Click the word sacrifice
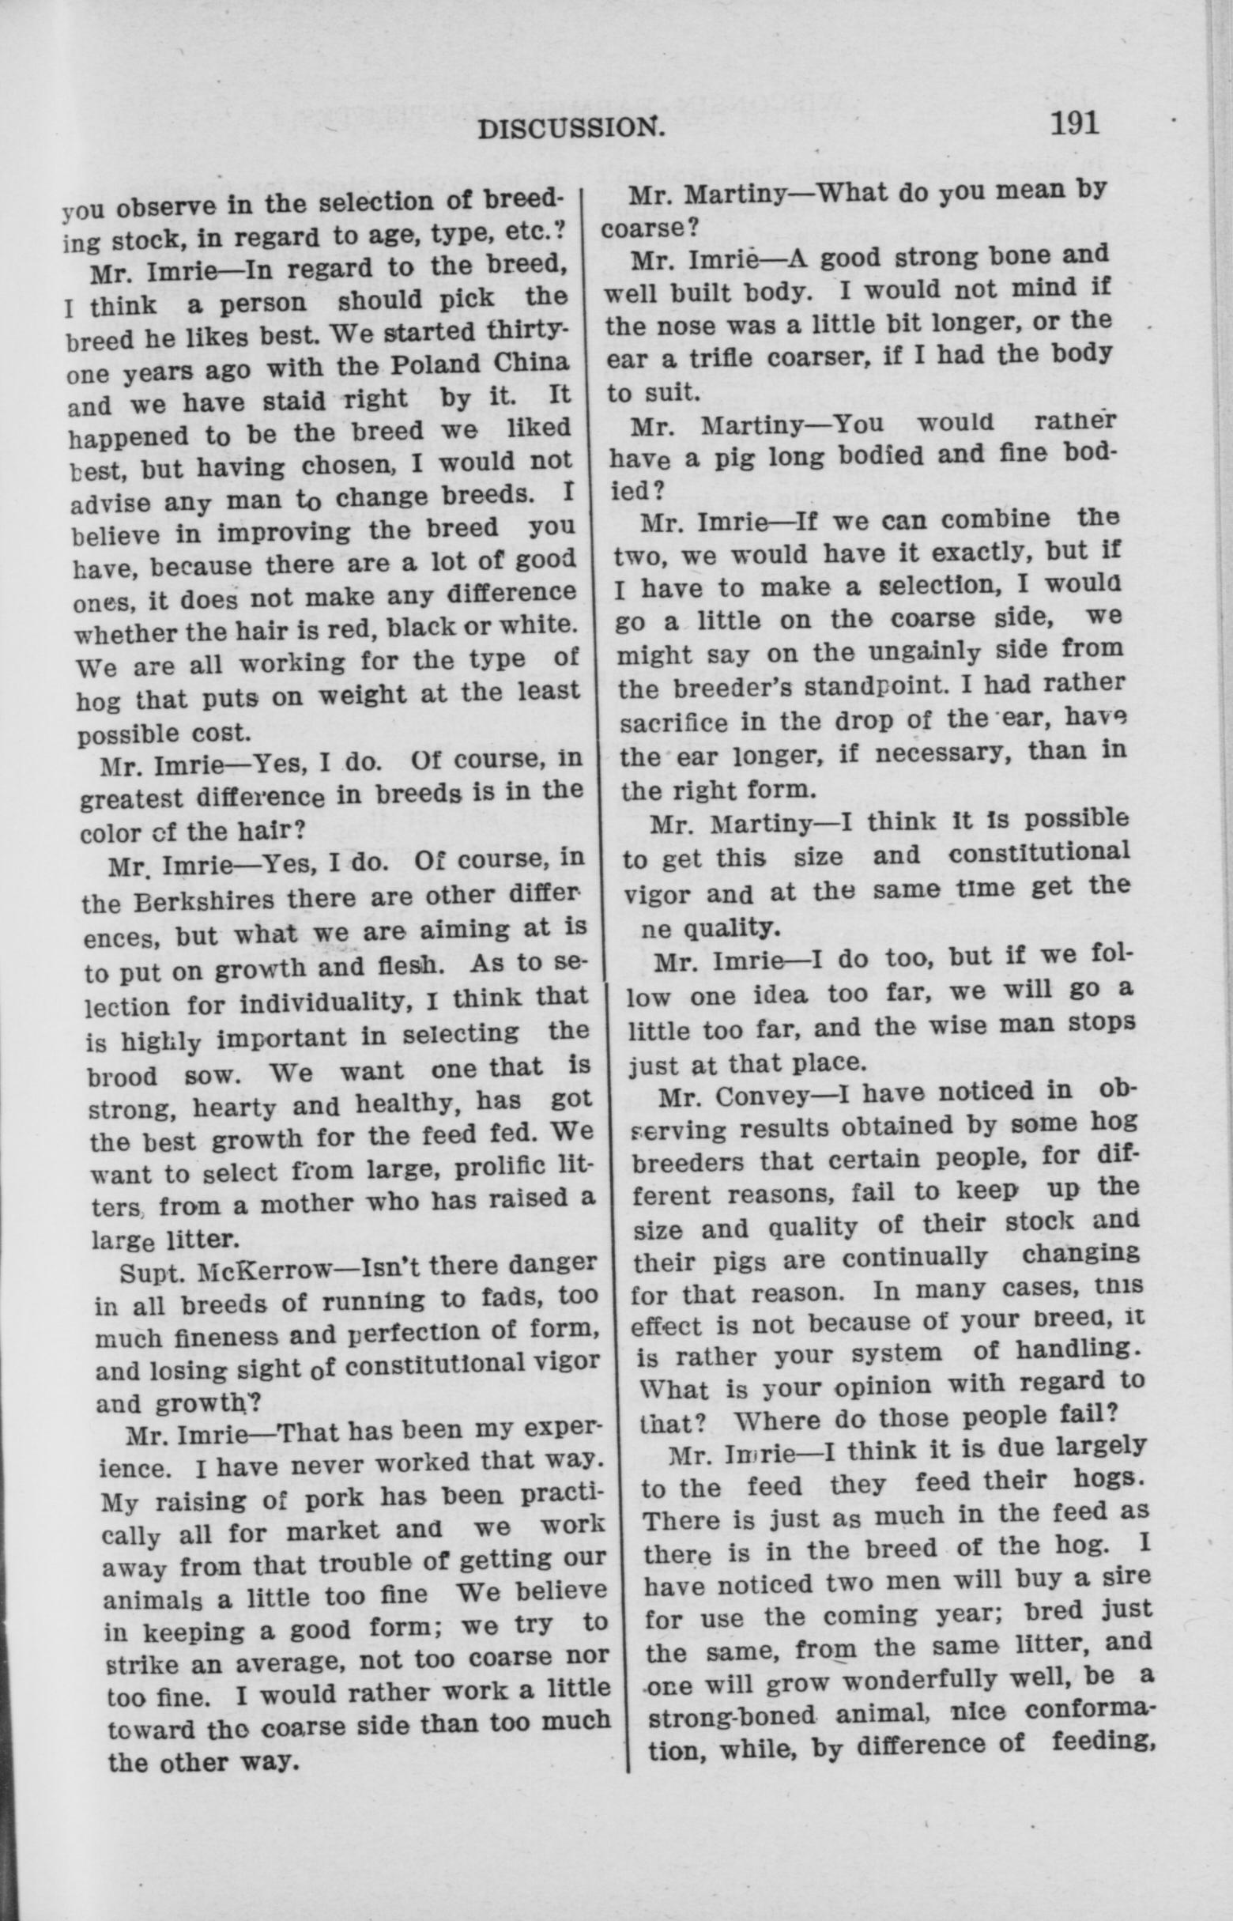[674, 722]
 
